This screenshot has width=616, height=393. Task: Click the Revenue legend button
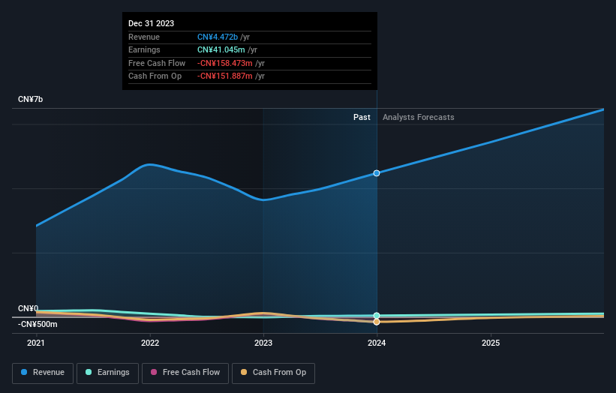(44, 373)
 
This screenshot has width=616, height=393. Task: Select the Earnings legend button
(107, 373)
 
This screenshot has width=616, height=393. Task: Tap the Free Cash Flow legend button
(185, 373)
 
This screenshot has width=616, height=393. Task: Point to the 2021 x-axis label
(36, 343)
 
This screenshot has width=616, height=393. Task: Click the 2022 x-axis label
(150, 343)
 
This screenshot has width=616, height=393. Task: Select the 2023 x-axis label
(263, 343)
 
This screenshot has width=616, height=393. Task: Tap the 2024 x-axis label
(377, 343)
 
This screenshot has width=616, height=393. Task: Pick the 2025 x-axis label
(491, 343)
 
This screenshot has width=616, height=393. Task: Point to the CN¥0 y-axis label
(28, 309)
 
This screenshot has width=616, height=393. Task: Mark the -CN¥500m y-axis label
(38, 324)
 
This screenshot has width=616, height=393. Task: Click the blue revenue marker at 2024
(377, 173)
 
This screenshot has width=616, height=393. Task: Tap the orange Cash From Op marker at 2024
(377, 322)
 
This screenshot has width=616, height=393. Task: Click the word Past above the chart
(362, 117)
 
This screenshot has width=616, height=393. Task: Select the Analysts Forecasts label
(418, 117)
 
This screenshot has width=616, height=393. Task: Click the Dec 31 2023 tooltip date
(152, 23)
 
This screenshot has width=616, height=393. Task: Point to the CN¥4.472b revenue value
(218, 37)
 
